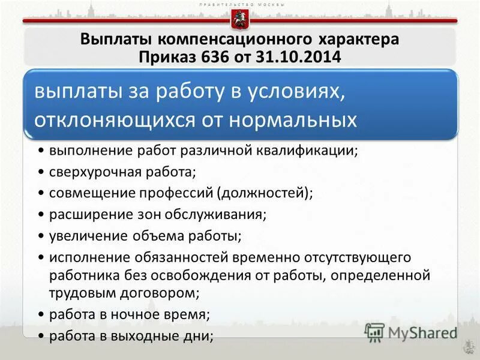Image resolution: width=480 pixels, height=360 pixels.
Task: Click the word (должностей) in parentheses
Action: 265,193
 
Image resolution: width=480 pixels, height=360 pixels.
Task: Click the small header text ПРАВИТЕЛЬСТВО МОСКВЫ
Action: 239,4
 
